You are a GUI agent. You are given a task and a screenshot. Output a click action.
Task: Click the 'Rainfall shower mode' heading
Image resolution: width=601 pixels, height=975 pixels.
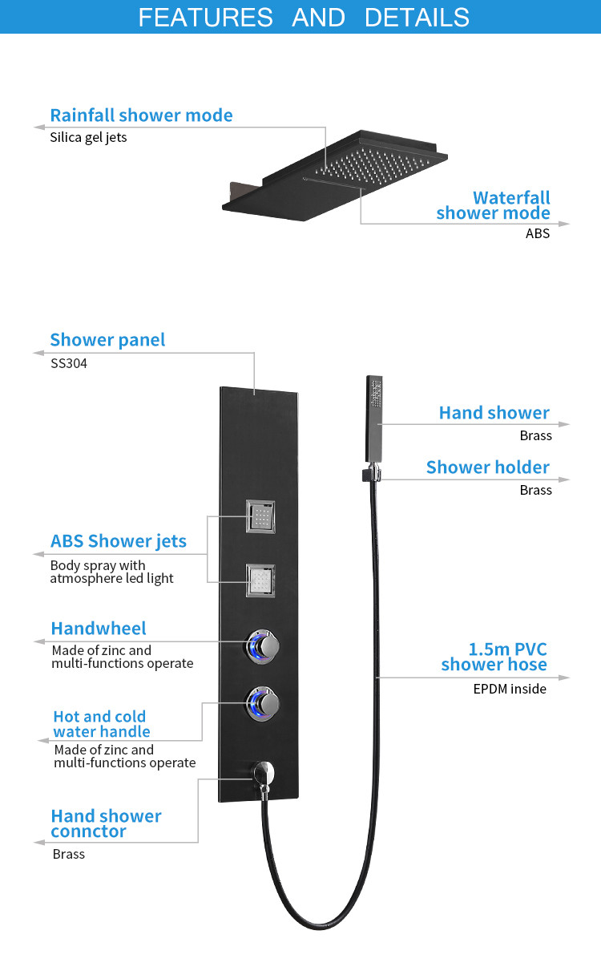141,115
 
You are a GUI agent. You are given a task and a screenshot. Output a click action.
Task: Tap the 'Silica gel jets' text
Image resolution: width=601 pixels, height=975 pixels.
88,138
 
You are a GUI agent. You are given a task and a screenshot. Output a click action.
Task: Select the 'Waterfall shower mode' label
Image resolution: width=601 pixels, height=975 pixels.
493,205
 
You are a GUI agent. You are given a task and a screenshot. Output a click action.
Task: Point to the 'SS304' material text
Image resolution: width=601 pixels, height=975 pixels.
69,363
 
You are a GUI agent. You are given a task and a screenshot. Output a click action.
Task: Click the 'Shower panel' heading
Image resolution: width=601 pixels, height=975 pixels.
107,340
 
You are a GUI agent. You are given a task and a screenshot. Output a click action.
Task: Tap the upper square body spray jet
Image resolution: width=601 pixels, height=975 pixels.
260,516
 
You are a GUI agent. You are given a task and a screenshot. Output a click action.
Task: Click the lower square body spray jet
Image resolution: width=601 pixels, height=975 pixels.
260,581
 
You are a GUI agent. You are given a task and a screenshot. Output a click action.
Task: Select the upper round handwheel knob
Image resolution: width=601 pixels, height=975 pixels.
262,646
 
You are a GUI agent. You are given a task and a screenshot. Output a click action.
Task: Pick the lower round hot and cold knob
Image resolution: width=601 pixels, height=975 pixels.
262,703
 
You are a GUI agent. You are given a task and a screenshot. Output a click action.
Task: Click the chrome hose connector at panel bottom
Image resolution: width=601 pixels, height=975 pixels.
264,779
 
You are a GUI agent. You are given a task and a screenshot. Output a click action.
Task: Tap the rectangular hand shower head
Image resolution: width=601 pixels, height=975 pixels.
374,419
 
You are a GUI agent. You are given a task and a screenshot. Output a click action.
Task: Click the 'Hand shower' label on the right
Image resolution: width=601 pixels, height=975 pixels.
494,413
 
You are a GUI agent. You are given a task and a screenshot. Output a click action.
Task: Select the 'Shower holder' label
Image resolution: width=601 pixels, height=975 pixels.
488,467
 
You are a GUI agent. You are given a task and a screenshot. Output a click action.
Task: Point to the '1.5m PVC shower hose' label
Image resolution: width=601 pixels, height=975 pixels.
494,657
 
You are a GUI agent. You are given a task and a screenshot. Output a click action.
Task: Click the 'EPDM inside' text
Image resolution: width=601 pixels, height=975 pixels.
510,689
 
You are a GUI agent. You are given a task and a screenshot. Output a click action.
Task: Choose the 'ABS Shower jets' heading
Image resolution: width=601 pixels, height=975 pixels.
119,541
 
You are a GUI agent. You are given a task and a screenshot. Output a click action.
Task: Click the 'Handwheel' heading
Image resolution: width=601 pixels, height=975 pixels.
99,629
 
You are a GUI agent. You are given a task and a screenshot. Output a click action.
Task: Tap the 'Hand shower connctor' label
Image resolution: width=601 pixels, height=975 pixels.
106,823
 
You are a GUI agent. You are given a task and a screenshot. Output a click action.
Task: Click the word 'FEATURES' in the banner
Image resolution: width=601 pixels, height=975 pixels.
205,18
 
